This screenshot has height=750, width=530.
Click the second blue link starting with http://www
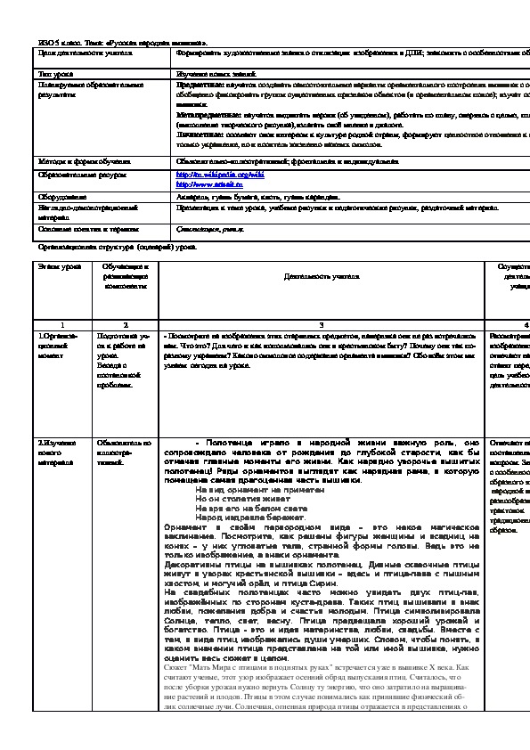pyautogui.click(x=204, y=183)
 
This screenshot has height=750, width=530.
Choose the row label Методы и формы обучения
pyautogui.click(x=78, y=160)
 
